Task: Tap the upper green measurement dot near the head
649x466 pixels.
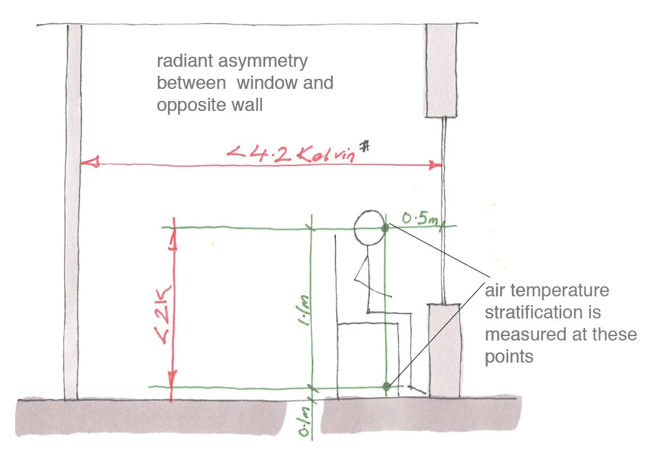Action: pyautogui.click(x=385, y=228)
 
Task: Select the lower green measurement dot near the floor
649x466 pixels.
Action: pyautogui.click(x=386, y=385)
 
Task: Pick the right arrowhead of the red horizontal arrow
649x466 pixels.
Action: pyautogui.click(x=436, y=165)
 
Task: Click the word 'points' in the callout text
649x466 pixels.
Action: pyautogui.click(x=509, y=356)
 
